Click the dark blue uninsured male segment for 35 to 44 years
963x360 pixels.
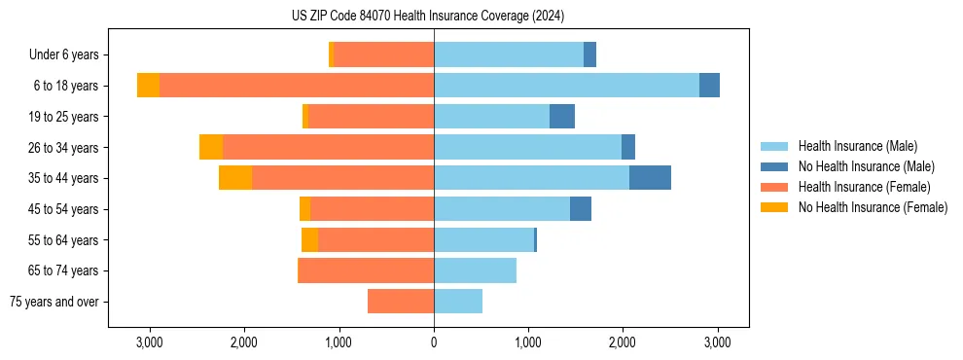pos(650,178)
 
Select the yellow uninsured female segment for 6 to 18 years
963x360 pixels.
pos(148,86)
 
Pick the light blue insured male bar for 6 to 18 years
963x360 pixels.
pos(566,86)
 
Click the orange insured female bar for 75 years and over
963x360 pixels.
pos(401,302)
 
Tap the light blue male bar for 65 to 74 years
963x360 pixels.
pos(475,270)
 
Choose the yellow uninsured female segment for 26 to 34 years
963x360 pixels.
pos(211,147)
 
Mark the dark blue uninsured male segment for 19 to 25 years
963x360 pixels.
pos(562,117)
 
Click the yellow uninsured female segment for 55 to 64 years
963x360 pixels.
pos(309,239)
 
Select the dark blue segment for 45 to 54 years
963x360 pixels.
pos(581,208)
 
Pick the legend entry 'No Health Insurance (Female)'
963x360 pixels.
pos(873,207)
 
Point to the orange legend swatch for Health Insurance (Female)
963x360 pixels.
pos(775,187)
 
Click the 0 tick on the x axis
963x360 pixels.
pos(434,342)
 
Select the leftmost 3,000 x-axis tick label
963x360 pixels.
pos(149,342)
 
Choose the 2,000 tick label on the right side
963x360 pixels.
pos(623,342)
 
